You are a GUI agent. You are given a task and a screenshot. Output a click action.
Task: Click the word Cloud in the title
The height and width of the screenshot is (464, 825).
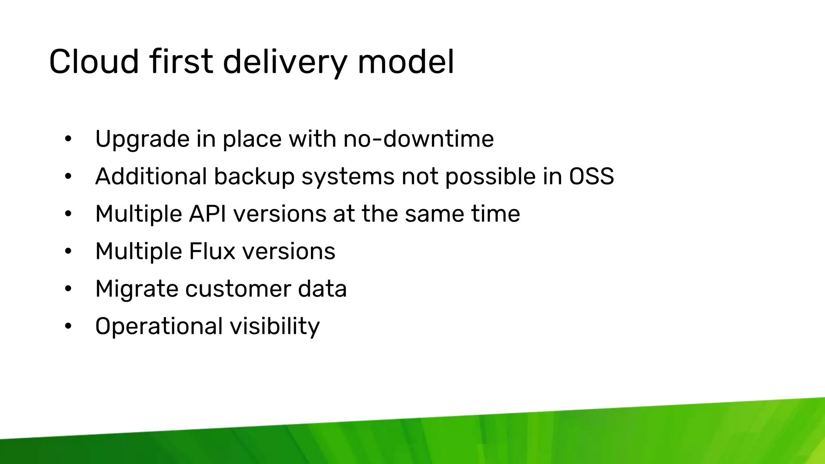pos(94,62)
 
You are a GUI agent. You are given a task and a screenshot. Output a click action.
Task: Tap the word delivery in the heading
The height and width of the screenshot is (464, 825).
pos(284,62)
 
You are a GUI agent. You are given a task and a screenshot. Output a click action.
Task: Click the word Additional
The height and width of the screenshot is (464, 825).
pos(151,176)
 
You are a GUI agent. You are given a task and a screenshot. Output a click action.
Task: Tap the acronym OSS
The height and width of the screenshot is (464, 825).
pos(591,176)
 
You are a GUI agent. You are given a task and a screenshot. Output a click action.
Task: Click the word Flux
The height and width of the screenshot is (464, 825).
pos(212,251)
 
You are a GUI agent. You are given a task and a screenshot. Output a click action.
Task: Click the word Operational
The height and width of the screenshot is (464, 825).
pos(159,326)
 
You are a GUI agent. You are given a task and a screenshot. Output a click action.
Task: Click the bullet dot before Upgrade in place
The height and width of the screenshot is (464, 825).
pos(68,139)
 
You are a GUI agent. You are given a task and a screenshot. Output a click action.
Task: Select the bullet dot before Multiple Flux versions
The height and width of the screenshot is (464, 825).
pos(68,251)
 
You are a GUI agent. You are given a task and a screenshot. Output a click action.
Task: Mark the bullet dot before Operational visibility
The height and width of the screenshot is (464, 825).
pos(68,326)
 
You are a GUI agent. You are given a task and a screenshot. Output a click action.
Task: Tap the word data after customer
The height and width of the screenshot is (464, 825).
pos(322,289)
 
